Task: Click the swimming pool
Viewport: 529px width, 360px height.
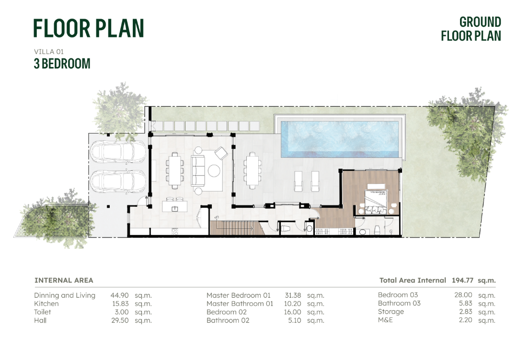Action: point(340,139)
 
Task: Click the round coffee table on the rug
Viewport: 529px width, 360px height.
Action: point(214,170)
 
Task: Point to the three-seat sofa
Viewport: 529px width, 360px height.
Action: point(198,170)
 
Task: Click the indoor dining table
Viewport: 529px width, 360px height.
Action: point(175,170)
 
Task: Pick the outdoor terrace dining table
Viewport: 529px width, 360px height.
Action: point(252,170)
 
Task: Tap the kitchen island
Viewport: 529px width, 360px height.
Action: point(174,206)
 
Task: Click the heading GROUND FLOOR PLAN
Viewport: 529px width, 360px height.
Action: point(471,29)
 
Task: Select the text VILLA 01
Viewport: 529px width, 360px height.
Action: point(48,52)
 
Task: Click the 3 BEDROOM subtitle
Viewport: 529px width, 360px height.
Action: point(62,63)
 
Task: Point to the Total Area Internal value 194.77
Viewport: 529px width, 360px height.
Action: point(462,280)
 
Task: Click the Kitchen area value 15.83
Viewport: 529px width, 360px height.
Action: point(120,304)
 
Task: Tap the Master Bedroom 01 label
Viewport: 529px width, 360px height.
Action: point(239,295)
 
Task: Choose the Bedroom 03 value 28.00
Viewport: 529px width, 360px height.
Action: point(463,295)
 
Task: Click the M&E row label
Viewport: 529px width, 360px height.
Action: point(385,320)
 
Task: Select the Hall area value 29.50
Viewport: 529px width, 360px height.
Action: point(120,321)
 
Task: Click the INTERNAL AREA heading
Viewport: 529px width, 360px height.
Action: point(64,280)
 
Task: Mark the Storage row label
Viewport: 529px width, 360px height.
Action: point(391,312)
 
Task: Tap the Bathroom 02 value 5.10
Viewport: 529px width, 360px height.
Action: point(295,321)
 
